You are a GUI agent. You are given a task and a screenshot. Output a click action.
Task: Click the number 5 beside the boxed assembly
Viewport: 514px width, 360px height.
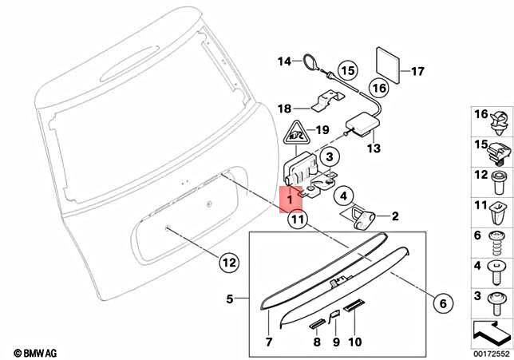click(x=230, y=299)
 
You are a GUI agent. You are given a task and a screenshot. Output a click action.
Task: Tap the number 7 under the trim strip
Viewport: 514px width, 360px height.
click(x=269, y=342)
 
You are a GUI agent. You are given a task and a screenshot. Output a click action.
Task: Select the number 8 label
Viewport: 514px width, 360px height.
click(x=316, y=342)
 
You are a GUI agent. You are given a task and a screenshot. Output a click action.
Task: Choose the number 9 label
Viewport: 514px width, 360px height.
click(x=336, y=342)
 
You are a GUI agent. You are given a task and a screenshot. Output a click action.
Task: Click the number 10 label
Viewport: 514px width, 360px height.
click(x=356, y=342)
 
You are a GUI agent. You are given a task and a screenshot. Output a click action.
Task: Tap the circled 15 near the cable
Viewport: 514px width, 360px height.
click(x=346, y=70)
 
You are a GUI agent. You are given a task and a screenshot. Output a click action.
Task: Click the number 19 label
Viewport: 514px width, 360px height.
click(x=323, y=129)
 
